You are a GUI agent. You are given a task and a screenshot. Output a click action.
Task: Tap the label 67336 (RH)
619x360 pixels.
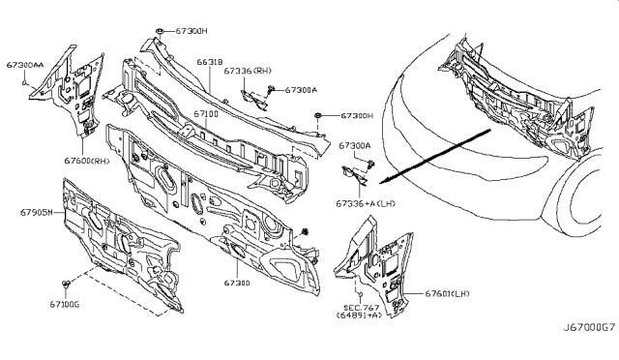pyautogui.click(x=247, y=71)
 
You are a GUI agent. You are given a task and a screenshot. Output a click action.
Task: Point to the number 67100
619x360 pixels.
pyautogui.click(x=204, y=114)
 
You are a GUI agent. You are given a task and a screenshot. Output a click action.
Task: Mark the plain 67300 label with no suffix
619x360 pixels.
pyautogui.click(x=239, y=285)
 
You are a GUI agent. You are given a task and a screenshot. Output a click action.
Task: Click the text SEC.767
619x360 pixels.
pyautogui.click(x=356, y=304)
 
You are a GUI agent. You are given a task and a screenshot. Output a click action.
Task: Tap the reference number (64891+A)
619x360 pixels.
pyautogui.click(x=358, y=315)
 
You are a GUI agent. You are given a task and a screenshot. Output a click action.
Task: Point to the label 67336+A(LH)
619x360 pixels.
pyautogui.click(x=366, y=204)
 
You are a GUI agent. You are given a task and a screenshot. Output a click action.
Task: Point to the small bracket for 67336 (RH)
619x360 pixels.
pyautogui.click(x=252, y=94)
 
